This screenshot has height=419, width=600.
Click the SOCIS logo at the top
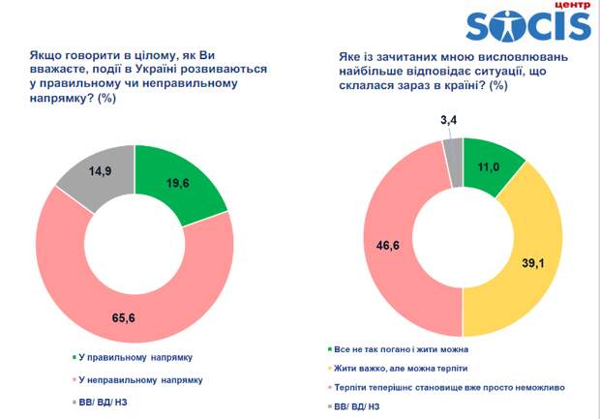click(526, 27)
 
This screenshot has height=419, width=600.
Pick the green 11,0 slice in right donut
click(489, 166)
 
